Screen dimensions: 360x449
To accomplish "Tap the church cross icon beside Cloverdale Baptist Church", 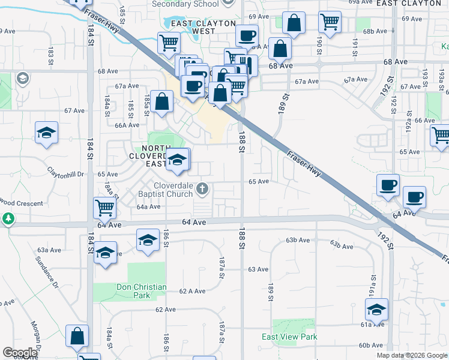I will pos(203,190).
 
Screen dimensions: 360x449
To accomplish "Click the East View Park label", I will pos(289,337).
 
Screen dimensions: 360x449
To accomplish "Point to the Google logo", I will pos(20,353).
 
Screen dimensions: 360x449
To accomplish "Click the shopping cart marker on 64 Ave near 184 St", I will pos(105,208).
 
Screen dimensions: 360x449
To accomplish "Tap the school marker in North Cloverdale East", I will pos(176,160).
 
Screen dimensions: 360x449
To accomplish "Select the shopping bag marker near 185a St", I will pos(162,101).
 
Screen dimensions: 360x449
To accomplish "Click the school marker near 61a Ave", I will pos(376,310).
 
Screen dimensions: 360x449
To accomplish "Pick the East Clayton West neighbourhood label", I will pos(192,27).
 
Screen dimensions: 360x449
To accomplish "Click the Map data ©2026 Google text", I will pos(411,355).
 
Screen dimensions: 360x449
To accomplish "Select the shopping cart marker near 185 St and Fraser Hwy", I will pos(169,43).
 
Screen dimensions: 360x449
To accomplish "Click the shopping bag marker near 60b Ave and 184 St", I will pos(77,337).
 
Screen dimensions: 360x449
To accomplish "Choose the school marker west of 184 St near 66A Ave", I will pos(46,134).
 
